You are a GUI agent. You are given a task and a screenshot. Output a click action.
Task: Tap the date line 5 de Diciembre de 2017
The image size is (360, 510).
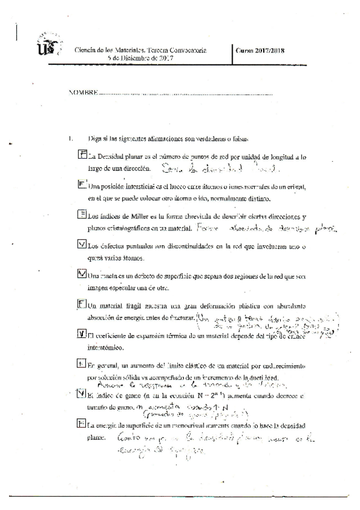[x=141, y=58]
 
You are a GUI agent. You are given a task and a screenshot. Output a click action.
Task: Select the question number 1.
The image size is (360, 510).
[x=71, y=138]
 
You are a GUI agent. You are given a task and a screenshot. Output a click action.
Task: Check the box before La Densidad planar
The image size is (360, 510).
[x=83, y=155]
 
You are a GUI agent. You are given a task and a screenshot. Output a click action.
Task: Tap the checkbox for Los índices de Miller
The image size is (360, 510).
[x=82, y=214]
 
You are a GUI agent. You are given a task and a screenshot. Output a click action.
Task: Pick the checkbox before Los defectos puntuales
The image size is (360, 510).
[x=82, y=244]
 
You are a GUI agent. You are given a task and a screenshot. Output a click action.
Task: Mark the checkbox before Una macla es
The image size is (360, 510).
[x=82, y=274]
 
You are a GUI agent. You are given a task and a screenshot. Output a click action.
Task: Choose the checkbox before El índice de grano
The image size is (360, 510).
[x=82, y=394]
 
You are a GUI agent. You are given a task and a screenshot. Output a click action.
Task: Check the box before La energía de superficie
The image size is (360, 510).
[x=82, y=423]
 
